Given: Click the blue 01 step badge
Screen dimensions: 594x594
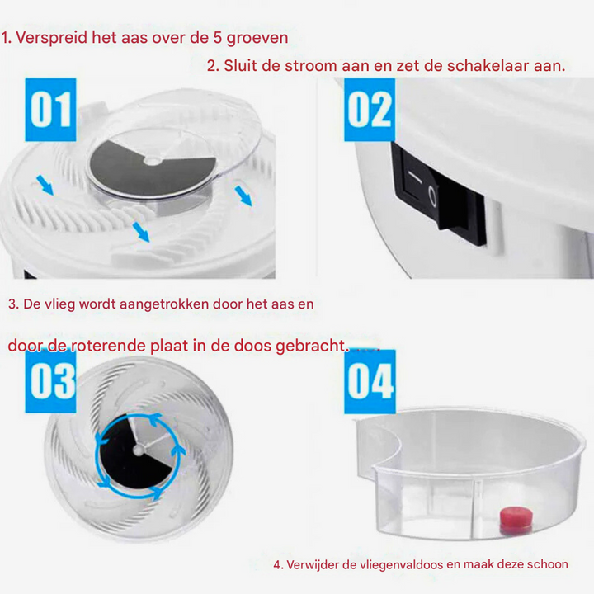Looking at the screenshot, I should pos(50,109).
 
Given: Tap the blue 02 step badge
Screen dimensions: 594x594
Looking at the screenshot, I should pos(369,109).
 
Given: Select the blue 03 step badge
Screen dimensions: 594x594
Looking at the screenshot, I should pos(50,381).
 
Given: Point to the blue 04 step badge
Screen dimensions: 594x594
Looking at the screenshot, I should pos(370,381).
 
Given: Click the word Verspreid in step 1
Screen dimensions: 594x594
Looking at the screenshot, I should pos(52,38).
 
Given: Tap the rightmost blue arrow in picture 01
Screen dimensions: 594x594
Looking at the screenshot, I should pos(243,196).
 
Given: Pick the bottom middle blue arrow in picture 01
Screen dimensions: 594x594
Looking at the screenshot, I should pos(142,233).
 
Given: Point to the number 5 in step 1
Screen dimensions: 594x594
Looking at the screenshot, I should pos(218,38).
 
